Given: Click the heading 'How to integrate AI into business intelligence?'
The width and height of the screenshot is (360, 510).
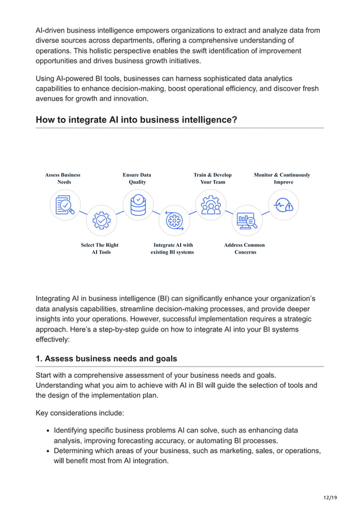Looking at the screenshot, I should (x=136, y=120).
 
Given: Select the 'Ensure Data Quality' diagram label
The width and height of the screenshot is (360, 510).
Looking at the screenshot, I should (x=137, y=178).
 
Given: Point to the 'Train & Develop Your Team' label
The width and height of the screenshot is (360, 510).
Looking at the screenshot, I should (x=212, y=178).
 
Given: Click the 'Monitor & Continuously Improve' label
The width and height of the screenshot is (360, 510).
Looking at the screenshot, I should (x=282, y=178).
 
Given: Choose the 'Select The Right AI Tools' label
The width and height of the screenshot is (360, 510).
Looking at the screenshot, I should (x=100, y=249).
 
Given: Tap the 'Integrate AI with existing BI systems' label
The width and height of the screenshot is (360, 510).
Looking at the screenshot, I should (x=173, y=249).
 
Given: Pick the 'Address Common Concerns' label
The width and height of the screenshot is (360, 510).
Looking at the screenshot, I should (x=244, y=249).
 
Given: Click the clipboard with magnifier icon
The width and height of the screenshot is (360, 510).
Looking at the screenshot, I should (x=65, y=205).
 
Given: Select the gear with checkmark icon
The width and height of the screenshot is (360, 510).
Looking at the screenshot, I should (x=102, y=220).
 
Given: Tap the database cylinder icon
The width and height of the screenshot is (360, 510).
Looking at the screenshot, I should (x=138, y=205).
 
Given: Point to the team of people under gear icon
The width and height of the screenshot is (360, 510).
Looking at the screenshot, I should (x=210, y=205).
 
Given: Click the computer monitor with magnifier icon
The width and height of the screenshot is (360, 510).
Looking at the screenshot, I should (x=247, y=220).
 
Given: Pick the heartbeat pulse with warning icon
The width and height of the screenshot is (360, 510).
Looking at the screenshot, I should (x=283, y=205).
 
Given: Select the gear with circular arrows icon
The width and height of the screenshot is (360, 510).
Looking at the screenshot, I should (x=174, y=220).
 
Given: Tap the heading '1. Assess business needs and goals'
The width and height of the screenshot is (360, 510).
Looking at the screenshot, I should (x=106, y=359).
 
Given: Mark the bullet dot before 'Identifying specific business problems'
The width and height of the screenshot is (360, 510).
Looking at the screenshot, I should (x=47, y=431).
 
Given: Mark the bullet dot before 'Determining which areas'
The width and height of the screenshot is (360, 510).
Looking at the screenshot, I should (x=47, y=451).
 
